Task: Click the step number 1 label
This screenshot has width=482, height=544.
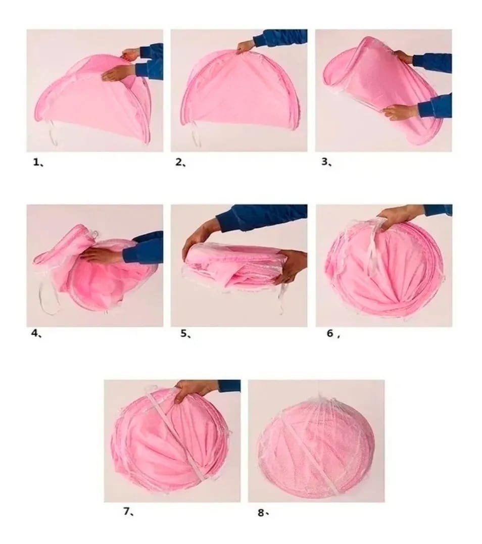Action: click(38, 162)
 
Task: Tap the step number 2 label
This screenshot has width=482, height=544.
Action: click(180, 162)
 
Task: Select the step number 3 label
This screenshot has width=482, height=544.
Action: click(326, 162)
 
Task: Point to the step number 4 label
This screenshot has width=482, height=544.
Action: click(36, 333)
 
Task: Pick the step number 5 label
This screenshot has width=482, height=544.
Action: click(185, 334)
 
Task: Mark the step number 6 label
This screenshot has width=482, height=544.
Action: click(332, 333)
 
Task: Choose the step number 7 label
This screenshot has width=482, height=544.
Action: click(129, 511)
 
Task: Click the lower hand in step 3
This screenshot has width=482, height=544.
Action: click(401, 112)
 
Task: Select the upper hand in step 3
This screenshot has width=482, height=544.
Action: click(404, 57)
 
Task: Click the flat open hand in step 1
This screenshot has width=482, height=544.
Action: click(119, 73)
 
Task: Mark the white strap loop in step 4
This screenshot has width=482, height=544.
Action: click(47, 295)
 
